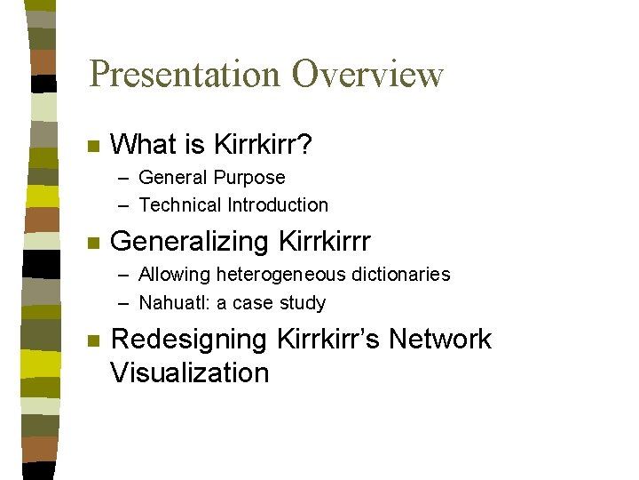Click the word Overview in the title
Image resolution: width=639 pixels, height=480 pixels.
click(x=367, y=74)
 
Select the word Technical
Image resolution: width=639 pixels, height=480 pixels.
click(x=180, y=205)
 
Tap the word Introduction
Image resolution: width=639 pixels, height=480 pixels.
click(x=278, y=205)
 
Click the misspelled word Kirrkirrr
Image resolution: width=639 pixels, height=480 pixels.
click(x=325, y=242)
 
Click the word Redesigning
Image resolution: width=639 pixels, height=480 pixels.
click(x=189, y=340)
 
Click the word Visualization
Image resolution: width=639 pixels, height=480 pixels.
click(x=189, y=372)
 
